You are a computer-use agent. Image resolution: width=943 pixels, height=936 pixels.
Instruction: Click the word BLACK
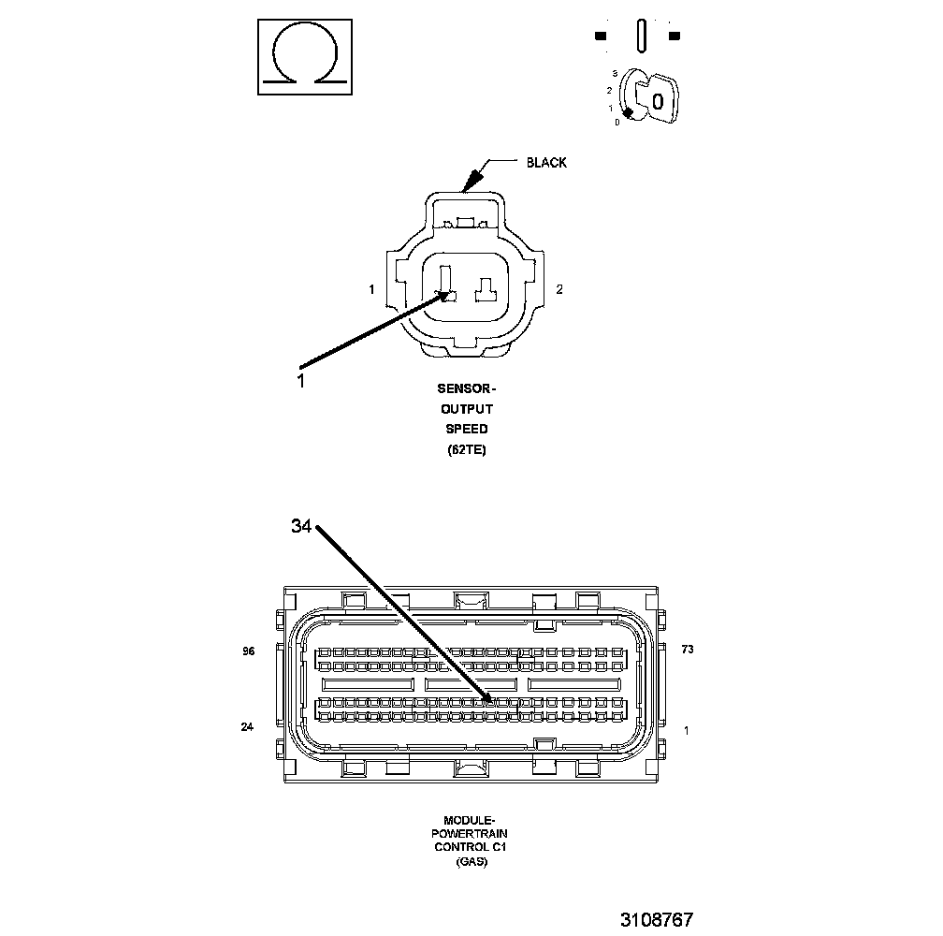click(546, 163)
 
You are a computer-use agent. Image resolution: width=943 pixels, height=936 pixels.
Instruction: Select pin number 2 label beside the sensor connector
click(559, 289)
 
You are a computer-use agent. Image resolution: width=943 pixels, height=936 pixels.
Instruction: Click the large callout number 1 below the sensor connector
click(300, 381)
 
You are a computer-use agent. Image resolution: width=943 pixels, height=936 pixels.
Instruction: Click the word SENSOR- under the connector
click(467, 388)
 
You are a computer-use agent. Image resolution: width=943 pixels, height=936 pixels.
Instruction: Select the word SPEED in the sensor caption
click(467, 429)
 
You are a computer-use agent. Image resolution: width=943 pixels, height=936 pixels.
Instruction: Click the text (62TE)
click(467, 449)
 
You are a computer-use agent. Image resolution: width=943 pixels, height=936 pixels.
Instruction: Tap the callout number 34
click(300, 527)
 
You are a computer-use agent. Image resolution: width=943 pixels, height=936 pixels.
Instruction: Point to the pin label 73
click(687, 649)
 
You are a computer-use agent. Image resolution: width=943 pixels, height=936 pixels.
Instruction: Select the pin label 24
click(247, 726)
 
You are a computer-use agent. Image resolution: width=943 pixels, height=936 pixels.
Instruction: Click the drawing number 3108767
click(656, 919)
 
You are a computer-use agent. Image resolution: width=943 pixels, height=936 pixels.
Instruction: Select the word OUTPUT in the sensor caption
click(467, 408)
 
